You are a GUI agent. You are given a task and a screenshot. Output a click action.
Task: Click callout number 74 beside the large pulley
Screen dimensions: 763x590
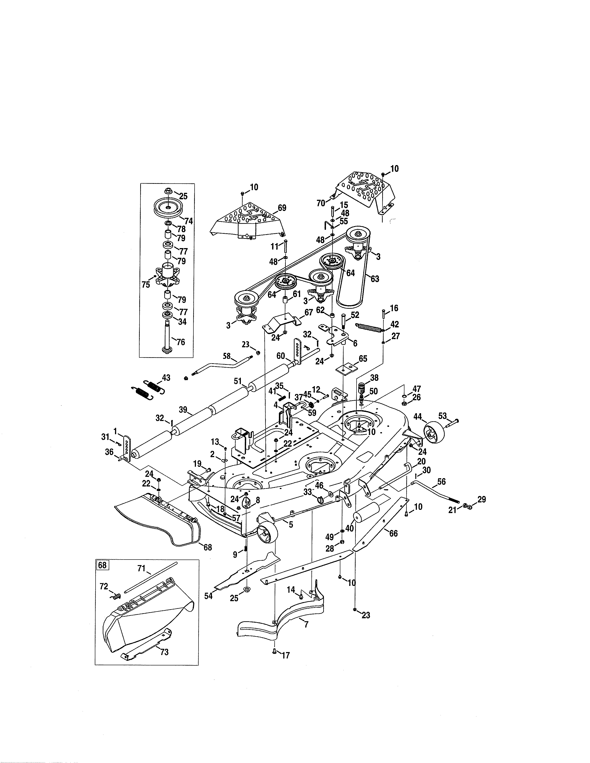point(189,221)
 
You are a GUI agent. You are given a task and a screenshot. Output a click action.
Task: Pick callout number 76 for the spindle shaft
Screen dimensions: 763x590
point(181,342)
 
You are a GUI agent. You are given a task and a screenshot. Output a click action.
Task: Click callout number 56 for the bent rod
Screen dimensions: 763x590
point(441,482)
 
